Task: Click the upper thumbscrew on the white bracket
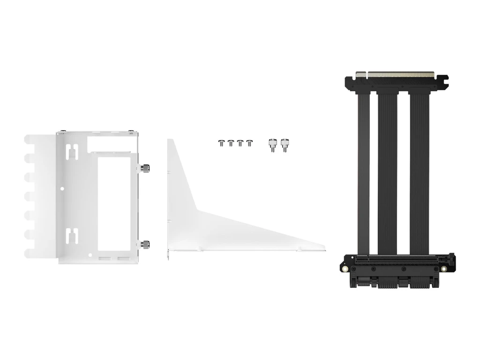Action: [x=145, y=167]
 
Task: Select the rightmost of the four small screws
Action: [x=249, y=142]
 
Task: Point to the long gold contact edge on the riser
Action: [x=401, y=74]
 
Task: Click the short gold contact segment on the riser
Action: [x=361, y=74]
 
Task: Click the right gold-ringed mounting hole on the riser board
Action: [x=444, y=269]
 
